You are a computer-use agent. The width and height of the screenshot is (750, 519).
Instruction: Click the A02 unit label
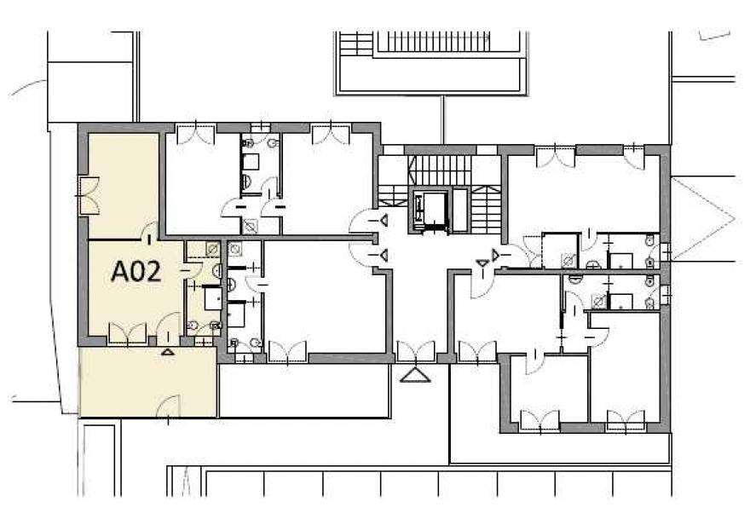[x=136, y=272]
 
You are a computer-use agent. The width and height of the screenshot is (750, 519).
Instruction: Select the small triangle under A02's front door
[x=167, y=352]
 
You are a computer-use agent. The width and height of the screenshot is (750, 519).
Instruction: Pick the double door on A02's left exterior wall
[x=89, y=195]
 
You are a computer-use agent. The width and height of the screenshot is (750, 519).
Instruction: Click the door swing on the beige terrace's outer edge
[x=168, y=407]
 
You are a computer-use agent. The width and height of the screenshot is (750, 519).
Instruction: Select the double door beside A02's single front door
[x=127, y=333]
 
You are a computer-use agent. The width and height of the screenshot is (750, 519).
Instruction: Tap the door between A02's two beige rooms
[x=150, y=231]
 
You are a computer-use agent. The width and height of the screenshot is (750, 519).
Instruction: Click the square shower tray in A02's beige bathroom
[x=213, y=298]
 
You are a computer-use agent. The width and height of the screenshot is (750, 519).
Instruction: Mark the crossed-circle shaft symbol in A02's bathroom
[x=212, y=249]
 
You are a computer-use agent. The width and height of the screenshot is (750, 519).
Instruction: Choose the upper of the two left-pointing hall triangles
[x=384, y=221]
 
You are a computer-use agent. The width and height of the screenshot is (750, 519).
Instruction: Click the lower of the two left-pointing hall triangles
[x=384, y=256]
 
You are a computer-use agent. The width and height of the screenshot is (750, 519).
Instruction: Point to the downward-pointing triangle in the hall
[x=482, y=262]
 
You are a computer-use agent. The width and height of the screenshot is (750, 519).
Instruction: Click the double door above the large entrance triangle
[x=416, y=352]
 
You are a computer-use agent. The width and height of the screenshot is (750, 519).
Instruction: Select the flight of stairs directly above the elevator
[x=441, y=170]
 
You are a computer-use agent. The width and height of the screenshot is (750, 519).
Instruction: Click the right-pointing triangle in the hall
[x=495, y=255]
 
